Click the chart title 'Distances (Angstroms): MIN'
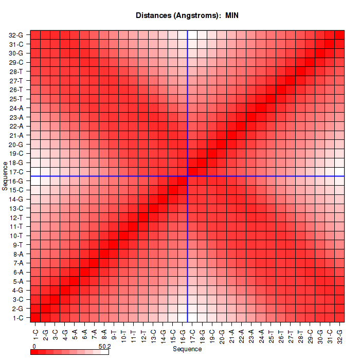(187, 15)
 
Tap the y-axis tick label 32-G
(16, 35)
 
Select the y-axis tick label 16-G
(16, 181)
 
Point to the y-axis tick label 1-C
(17, 318)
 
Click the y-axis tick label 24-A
(16, 108)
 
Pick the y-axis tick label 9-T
(17, 245)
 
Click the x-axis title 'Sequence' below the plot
(187, 349)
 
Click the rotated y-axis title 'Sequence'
(5, 175)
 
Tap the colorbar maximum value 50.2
(104, 347)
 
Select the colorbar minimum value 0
(33, 347)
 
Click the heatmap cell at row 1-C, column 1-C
(35, 318)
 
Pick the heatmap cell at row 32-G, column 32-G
(339, 35)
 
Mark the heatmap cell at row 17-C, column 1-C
(35, 172)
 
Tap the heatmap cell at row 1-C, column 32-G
(339, 318)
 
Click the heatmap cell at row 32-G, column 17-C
(192, 35)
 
